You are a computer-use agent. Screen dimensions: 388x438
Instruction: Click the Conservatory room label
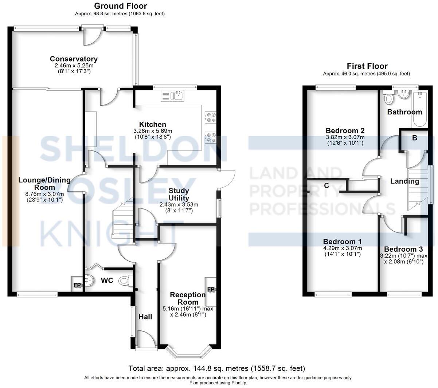tap(74, 59)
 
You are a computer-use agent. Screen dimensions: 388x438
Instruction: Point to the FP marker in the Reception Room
tap(211, 290)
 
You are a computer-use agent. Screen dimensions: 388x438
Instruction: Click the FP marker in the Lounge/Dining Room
tap(77, 285)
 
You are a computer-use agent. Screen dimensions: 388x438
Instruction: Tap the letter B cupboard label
tap(414, 138)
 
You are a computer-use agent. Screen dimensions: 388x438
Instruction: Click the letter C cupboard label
tap(326, 186)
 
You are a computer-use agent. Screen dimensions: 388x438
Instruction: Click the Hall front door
tap(146, 339)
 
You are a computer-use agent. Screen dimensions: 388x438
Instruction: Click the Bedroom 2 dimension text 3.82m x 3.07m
tap(345, 137)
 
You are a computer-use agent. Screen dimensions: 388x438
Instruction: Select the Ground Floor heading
tap(120, 6)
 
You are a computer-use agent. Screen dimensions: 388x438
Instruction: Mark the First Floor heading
tap(367, 66)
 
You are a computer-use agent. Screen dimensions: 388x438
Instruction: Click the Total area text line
tap(216, 368)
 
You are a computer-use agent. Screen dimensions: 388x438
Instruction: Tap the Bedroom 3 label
tap(403, 249)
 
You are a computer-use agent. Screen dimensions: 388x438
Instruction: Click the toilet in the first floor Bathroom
tap(389, 98)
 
